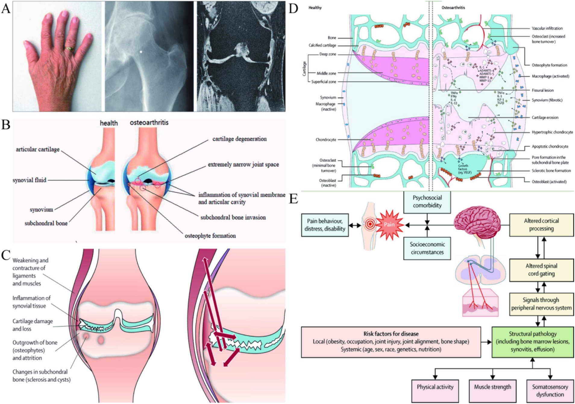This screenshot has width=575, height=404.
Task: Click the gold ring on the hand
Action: click(x=70, y=49)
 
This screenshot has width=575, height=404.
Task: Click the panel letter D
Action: click(x=293, y=9)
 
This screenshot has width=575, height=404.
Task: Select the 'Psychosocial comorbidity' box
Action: click(x=427, y=202)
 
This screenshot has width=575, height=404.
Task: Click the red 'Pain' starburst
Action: click(x=389, y=224)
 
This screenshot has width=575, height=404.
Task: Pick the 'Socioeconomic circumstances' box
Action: click(x=427, y=248)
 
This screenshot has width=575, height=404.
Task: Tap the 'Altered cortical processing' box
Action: click(x=541, y=225)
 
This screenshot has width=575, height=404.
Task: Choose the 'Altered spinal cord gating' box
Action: click(x=541, y=270)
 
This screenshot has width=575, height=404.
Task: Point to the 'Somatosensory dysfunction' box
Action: click(x=550, y=390)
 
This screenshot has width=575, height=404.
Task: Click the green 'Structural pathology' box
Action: click(x=533, y=342)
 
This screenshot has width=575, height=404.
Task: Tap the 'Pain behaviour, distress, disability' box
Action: click(x=325, y=225)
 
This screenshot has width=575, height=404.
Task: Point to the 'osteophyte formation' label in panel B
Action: click(x=210, y=236)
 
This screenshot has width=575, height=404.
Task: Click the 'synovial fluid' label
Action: click(x=30, y=180)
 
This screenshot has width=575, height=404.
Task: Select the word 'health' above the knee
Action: click(x=109, y=123)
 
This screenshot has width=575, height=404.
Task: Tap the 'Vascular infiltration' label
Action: click(x=547, y=28)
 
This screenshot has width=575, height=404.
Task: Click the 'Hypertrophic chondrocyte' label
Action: click(x=552, y=132)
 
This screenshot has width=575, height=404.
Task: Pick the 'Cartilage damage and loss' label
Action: click(x=33, y=325)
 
